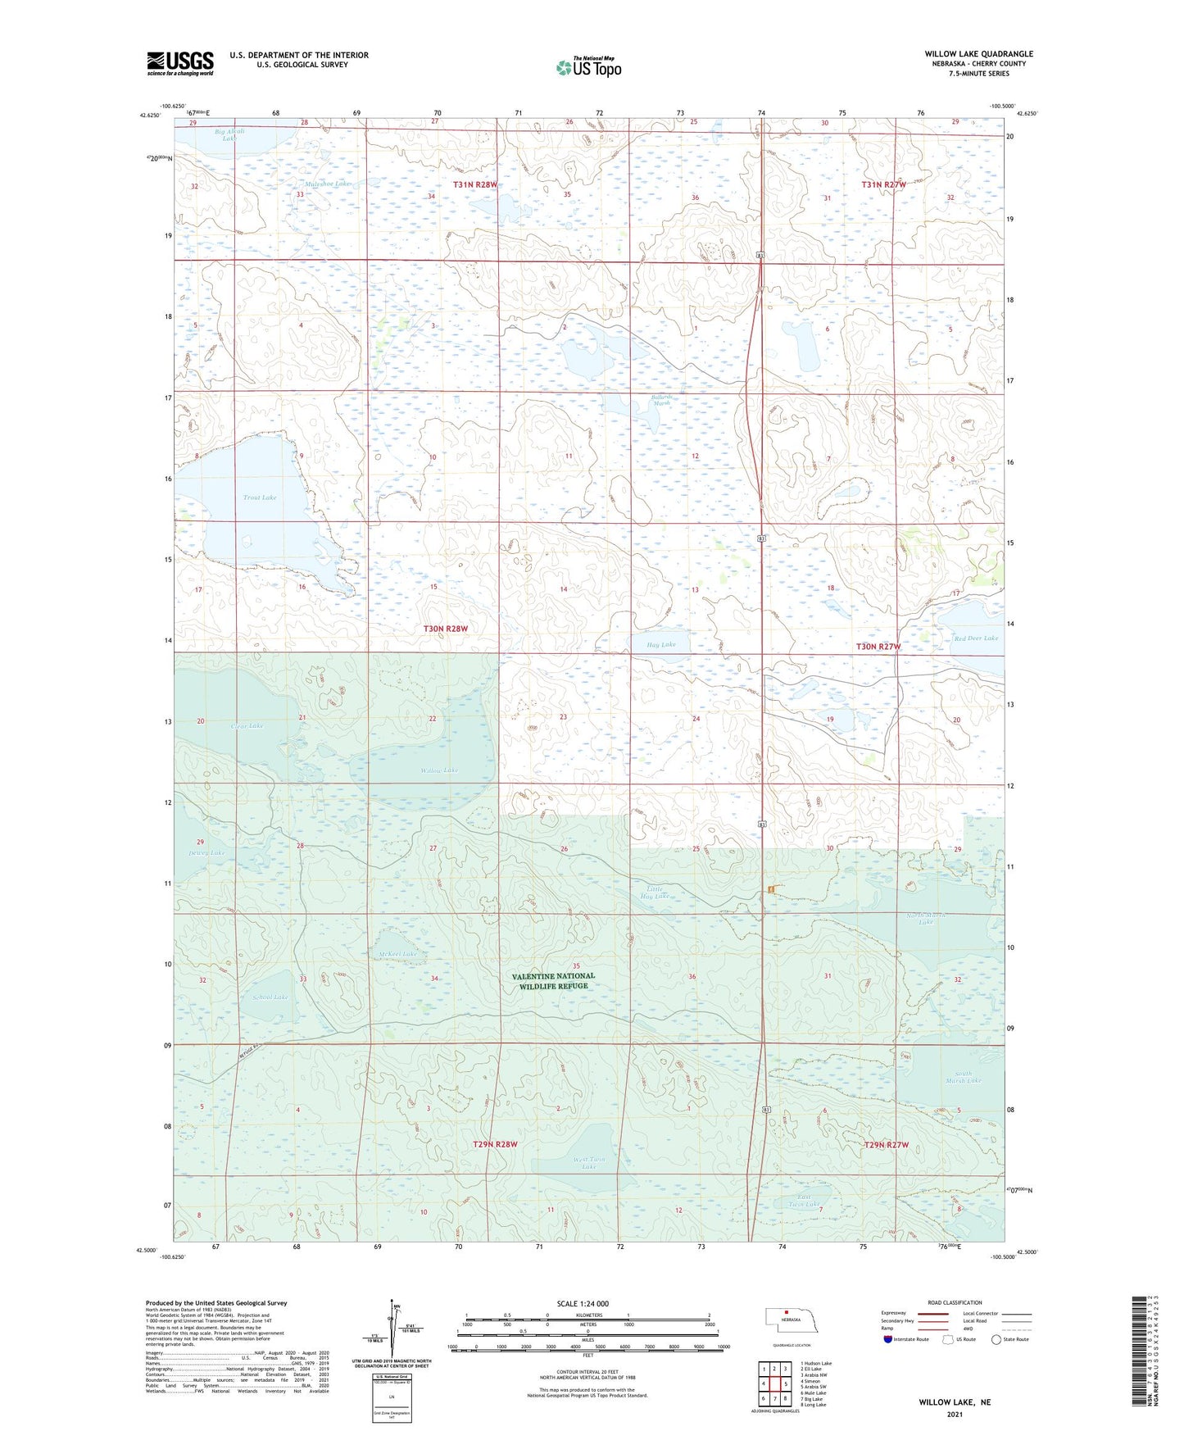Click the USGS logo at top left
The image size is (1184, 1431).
pos(180,63)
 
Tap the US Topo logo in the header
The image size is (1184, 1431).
pos(587,67)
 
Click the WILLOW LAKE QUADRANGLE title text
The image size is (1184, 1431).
pos(978,54)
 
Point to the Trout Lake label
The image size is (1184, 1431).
pos(260,497)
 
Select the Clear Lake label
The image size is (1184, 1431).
pos(247,726)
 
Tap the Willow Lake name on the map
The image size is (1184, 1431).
pos(439,770)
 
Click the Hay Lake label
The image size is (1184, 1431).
pos(661,645)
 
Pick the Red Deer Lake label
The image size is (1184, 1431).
pos(976,638)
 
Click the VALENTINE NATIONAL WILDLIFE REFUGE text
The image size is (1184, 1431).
pos(553,981)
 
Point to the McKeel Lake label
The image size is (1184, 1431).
pos(397,954)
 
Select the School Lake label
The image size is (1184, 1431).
pos(270,997)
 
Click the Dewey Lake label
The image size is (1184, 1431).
pos(206,853)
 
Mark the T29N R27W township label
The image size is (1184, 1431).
pos(887,1145)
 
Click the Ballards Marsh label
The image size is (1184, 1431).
pos(661,401)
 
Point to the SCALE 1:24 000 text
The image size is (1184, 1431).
pos(583,1304)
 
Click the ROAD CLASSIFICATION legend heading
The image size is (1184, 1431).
pos(955,1302)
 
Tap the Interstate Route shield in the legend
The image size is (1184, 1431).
pos(888,1339)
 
